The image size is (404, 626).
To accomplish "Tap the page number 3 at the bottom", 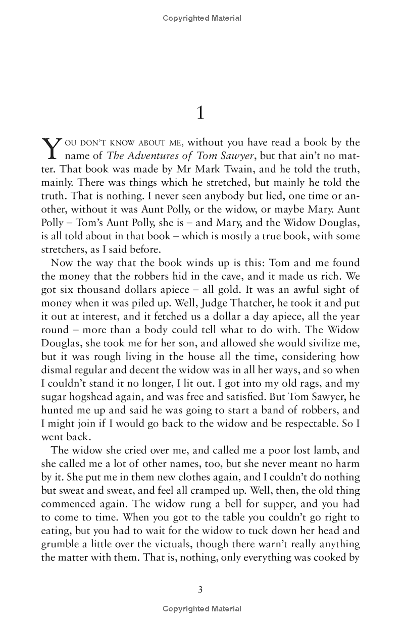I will (200, 589).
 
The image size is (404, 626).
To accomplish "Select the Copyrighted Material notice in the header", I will (202, 18).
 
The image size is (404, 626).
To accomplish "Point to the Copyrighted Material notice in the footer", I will (202, 609).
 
